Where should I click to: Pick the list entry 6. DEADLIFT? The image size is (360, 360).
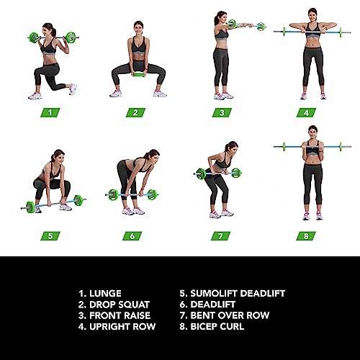click(x=212, y=304)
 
